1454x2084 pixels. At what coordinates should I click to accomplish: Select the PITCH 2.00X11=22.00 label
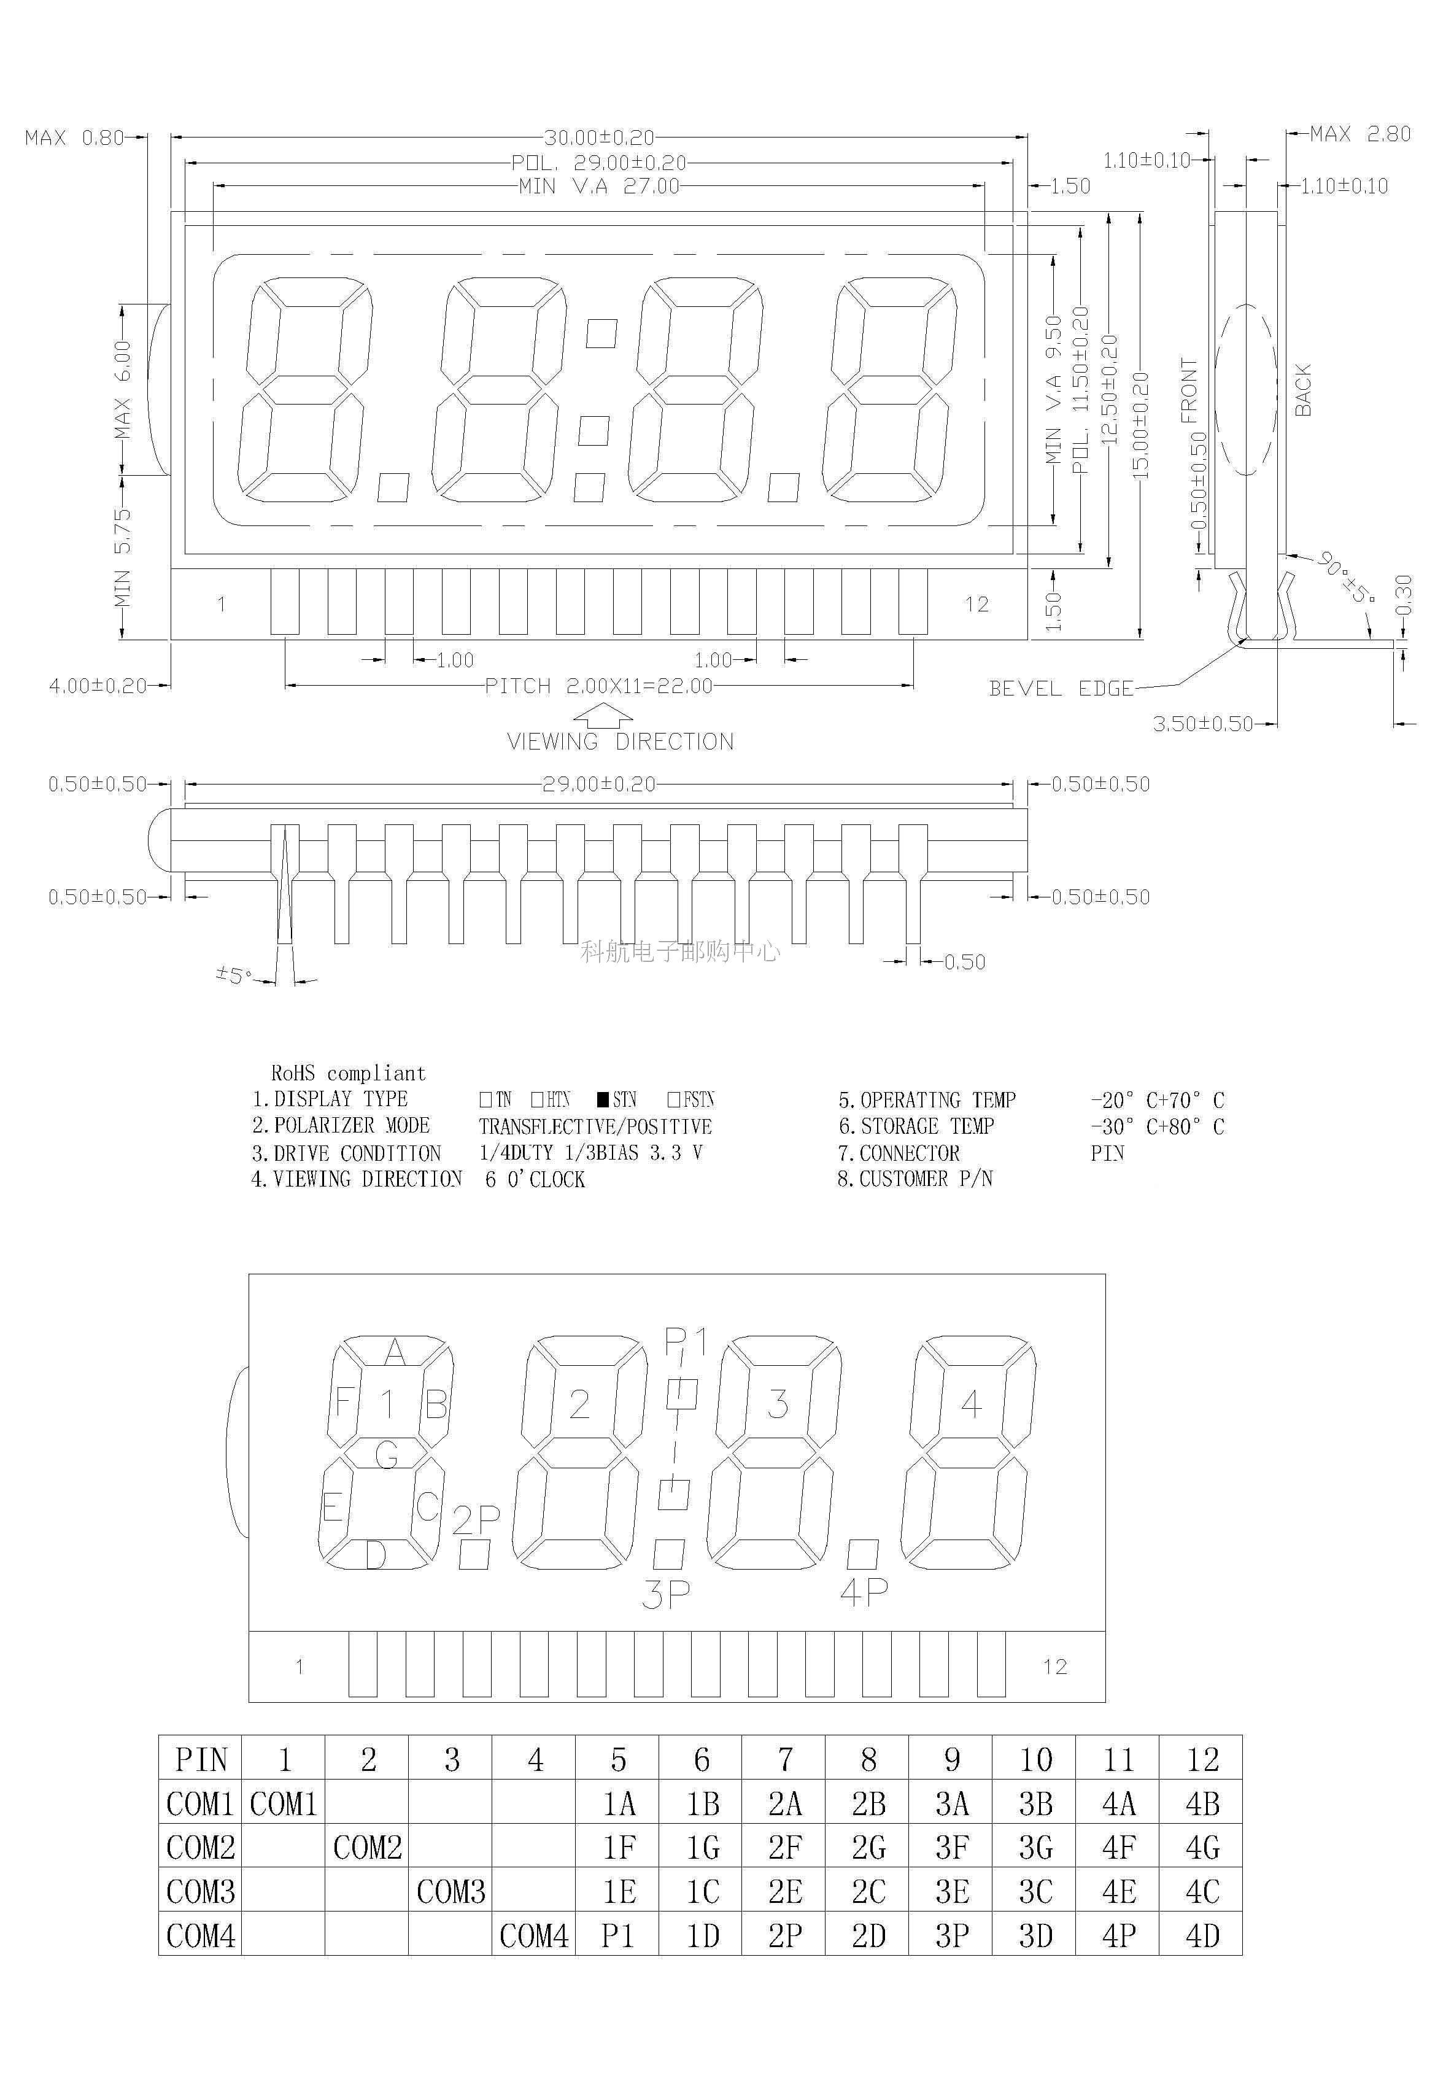(599, 686)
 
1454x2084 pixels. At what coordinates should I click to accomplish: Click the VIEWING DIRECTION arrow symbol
(603, 717)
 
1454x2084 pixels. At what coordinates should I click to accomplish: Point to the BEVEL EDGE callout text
(1061, 689)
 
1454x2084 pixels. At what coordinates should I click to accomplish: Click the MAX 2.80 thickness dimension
(1359, 135)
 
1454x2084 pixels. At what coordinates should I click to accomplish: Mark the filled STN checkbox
(603, 1099)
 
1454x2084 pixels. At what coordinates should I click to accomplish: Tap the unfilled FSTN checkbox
(673, 1099)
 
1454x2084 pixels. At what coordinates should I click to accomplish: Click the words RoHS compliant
(347, 1074)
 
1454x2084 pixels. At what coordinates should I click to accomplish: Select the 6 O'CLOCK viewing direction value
(535, 1179)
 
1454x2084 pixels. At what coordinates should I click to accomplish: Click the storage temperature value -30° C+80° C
(1157, 1126)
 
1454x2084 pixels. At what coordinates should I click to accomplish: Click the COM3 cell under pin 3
(450, 1892)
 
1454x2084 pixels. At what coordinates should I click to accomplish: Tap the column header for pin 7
(784, 1760)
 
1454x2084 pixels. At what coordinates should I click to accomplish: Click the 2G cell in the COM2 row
(868, 1847)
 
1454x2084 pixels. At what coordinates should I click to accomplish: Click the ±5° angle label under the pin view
(233, 975)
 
